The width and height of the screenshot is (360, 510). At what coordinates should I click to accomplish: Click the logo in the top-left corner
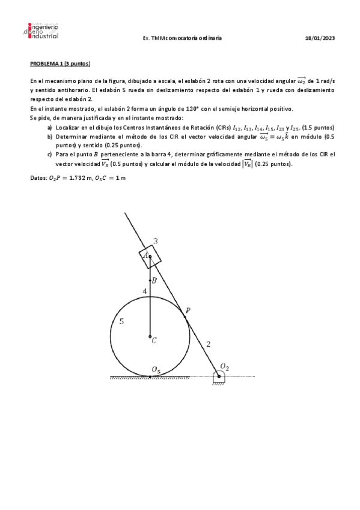coord(43,32)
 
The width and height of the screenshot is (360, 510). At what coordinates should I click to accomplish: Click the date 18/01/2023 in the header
coord(320,38)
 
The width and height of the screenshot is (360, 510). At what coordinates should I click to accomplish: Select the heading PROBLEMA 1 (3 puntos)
coord(60,63)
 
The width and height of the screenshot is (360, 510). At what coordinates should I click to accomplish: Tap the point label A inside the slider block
coord(145,255)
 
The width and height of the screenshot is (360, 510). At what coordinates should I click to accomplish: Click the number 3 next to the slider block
coord(155,242)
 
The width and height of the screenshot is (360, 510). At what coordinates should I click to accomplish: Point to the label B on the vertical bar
coord(154,281)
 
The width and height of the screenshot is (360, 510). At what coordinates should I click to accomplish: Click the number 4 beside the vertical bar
coord(144,292)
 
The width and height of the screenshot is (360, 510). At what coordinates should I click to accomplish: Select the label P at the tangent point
coord(188,310)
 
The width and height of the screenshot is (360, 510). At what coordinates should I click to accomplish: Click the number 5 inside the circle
coord(121,322)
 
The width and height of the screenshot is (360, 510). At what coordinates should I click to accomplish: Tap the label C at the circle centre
coord(154,340)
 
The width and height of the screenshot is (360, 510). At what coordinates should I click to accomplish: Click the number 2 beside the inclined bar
coord(208,345)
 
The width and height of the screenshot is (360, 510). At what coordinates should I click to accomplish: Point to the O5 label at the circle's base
coord(156,369)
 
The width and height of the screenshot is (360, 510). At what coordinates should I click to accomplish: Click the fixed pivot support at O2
coord(219,378)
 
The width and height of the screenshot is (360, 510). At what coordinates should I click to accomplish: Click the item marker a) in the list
coord(49,128)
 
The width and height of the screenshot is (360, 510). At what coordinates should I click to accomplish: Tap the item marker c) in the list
coord(49,154)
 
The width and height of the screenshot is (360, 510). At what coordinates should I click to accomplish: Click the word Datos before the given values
coord(37,179)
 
